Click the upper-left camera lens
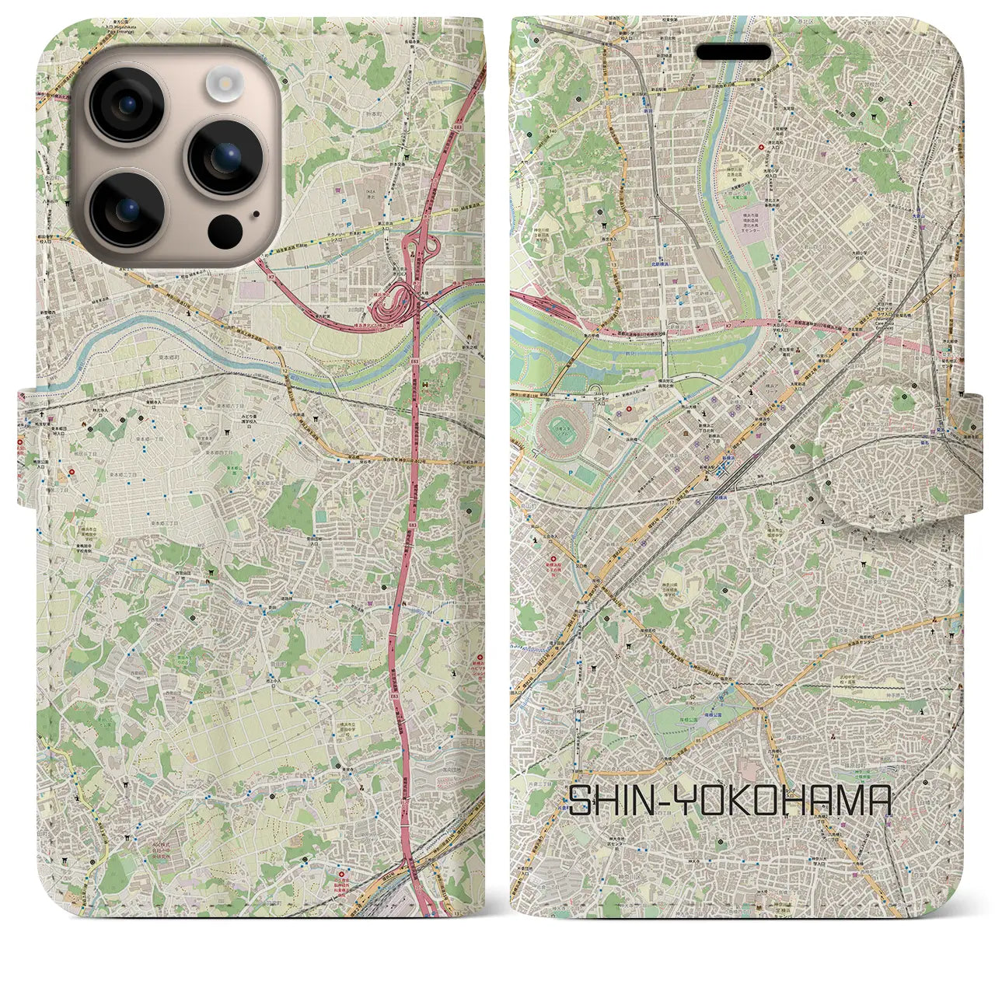click(x=127, y=105)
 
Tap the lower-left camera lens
click(x=127, y=209)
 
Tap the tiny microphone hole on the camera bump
click(x=255, y=214)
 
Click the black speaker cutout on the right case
click(x=734, y=52)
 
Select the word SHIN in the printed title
click(x=613, y=801)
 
